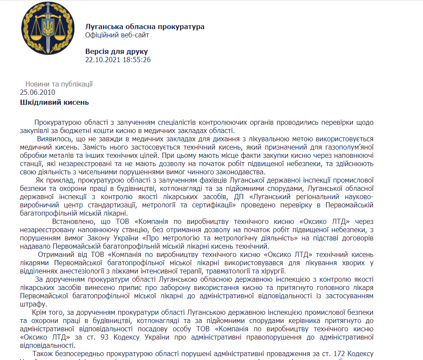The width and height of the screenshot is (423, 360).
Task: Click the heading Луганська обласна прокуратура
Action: (145, 27)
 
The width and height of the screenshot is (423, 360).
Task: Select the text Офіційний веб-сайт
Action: (117, 35)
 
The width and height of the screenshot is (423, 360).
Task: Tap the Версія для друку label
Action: (117, 51)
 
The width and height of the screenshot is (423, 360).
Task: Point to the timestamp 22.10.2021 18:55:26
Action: (118, 60)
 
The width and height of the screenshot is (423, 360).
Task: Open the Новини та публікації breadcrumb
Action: (59, 84)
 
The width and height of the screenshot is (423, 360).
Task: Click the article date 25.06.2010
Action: (37, 92)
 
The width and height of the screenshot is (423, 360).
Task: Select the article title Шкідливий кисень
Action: (54, 103)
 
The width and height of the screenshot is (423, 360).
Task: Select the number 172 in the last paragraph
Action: (339, 353)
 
